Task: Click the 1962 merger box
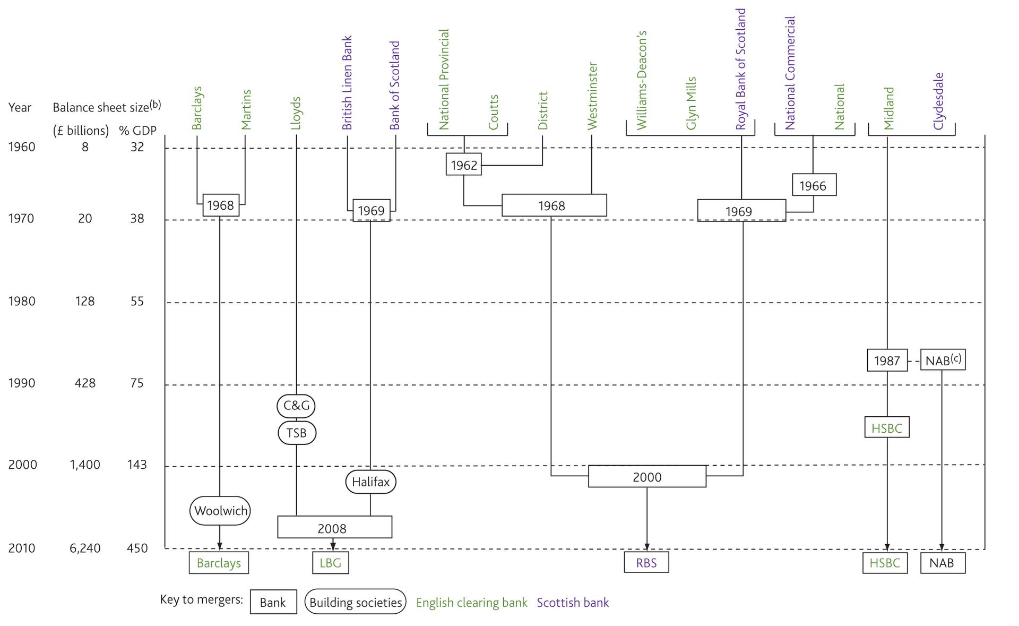click(x=463, y=165)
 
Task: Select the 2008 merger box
click(x=334, y=527)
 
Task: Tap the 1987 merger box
click(x=887, y=361)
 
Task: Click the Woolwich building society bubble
click(x=220, y=511)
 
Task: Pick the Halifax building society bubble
click(x=370, y=482)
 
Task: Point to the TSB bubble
click(x=297, y=433)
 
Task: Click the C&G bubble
click(x=296, y=406)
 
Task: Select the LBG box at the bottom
click(x=330, y=563)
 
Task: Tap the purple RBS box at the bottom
click(x=646, y=562)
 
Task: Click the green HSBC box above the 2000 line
click(x=886, y=427)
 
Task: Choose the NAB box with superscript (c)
click(x=942, y=360)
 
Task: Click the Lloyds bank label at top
click(x=296, y=113)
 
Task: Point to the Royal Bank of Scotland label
click(x=741, y=69)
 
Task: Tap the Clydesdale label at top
click(x=938, y=101)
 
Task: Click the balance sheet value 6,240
click(x=85, y=548)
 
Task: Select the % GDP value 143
click(x=136, y=465)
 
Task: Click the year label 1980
click(x=21, y=301)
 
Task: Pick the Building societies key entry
click(x=355, y=602)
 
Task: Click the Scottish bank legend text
click(x=573, y=603)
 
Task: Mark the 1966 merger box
click(x=814, y=185)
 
